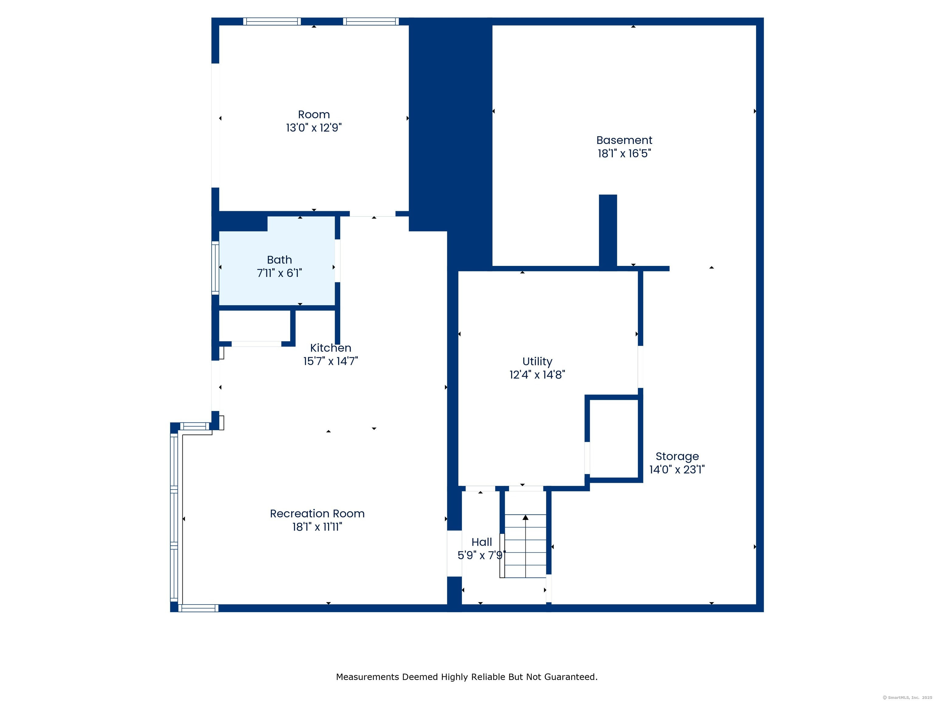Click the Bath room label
pyautogui.click(x=279, y=260)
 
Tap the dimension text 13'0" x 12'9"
pyautogui.click(x=314, y=127)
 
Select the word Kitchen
pyautogui.click(x=330, y=348)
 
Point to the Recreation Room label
pyautogui.click(x=317, y=513)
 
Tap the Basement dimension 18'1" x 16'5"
pyautogui.click(x=624, y=153)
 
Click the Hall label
pyautogui.click(x=482, y=542)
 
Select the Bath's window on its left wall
pyautogui.click(x=215, y=268)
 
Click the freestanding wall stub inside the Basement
pyautogui.click(x=608, y=231)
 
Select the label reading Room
pyautogui.click(x=314, y=114)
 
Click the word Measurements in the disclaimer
pyautogui.click(x=368, y=677)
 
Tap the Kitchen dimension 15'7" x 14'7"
pyautogui.click(x=330, y=361)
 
